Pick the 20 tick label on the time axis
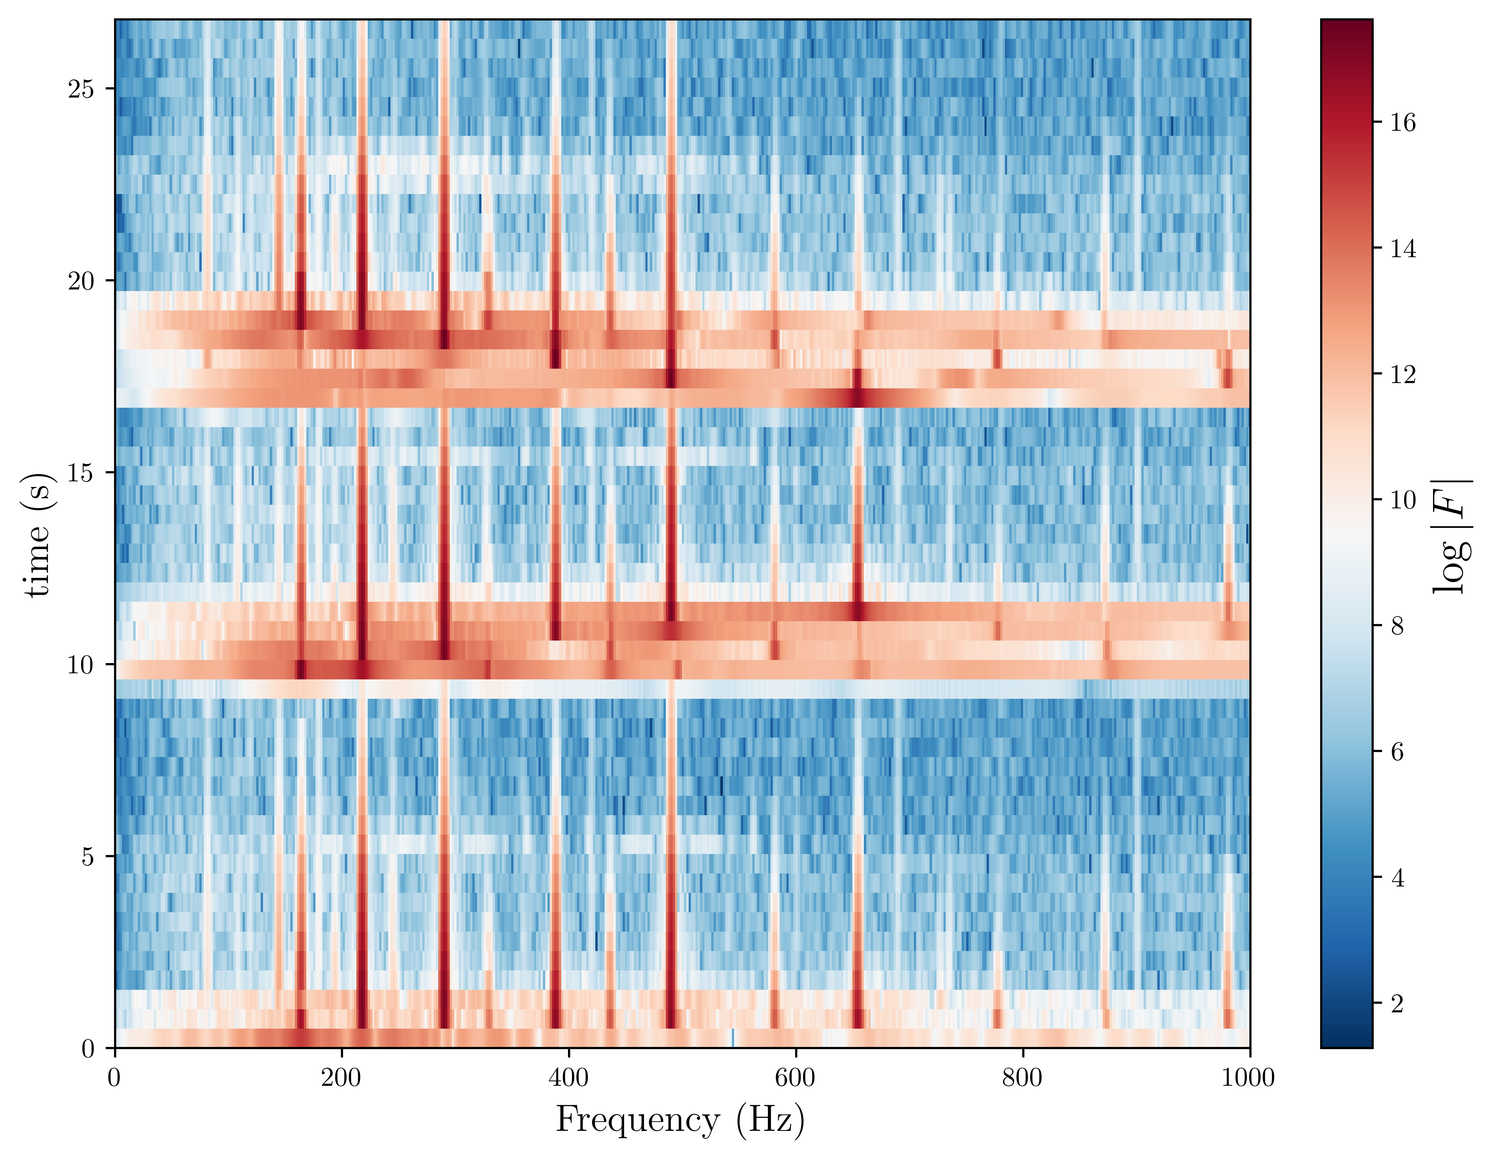[x=81, y=281]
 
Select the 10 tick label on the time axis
[x=81, y=664]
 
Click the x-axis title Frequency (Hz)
[x=680, y=1120]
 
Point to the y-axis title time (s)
[x=38, y=535]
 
